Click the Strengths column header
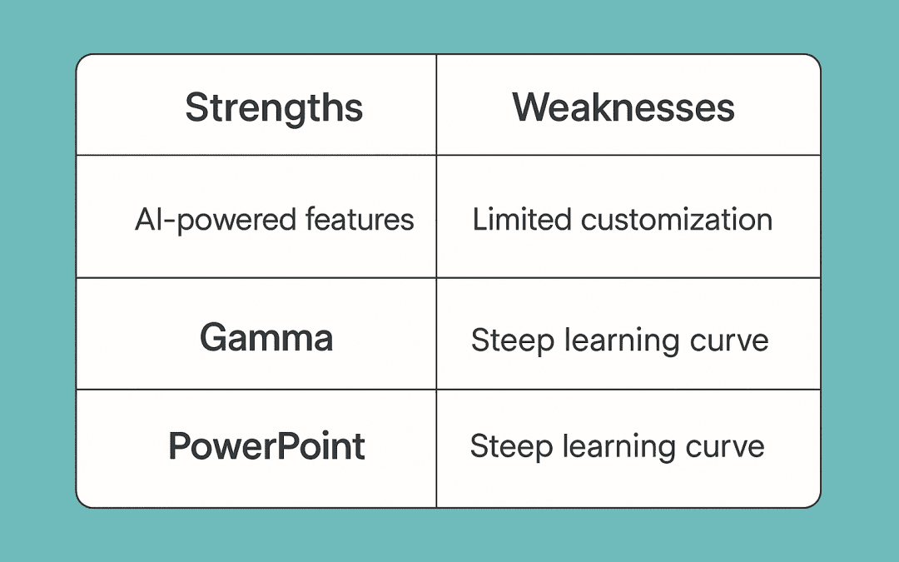click(274, 108)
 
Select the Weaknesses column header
click(623, 108)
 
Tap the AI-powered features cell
click(274, 220)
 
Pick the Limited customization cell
click(623, 220)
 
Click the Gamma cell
click(266, 338)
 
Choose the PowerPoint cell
click(266, 447)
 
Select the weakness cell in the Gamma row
click(619, 341)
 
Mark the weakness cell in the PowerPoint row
click(617, 447)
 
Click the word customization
click(677, 220)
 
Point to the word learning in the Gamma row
click(616, 341)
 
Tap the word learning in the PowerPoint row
click(613, 448)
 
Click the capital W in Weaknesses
click(532, 108)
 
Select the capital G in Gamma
click(213, 338)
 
